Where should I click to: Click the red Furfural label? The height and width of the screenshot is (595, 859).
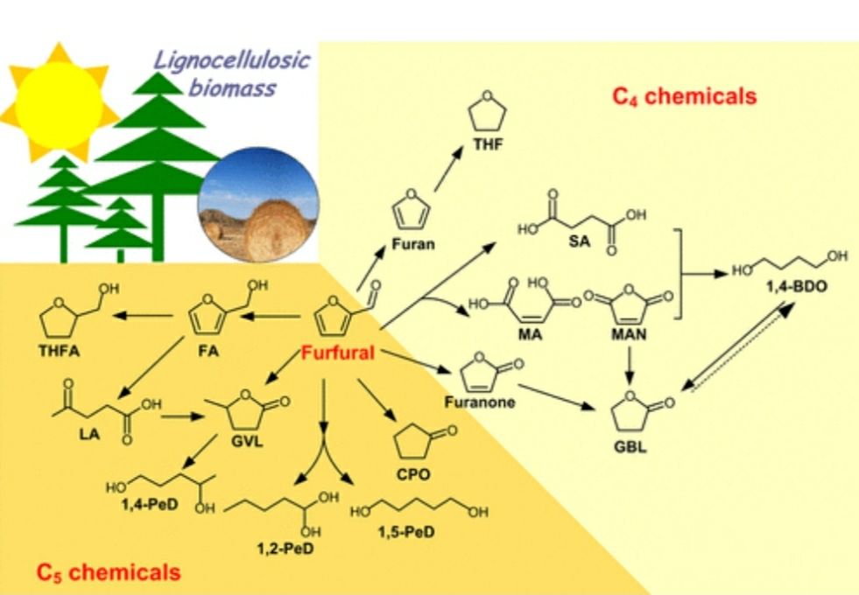pos(338,353)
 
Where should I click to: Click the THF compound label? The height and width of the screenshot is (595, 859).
pos(487,144)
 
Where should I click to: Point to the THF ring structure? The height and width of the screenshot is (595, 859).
pos(487,115)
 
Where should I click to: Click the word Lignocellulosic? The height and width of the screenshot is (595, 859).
pos(232,61)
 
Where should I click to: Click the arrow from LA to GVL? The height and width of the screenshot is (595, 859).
pos(183,417)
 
